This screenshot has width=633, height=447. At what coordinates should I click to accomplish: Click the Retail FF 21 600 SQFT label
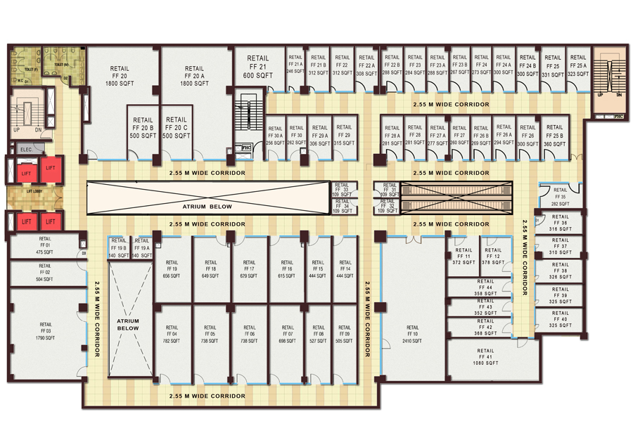[258, 66]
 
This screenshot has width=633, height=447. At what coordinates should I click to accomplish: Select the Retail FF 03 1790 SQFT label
[46, 330]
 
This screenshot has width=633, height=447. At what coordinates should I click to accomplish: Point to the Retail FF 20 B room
[143, 128]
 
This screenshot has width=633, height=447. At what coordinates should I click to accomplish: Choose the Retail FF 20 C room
[177, 128]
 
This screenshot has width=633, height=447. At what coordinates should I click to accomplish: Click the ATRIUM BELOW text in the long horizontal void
[207, 207]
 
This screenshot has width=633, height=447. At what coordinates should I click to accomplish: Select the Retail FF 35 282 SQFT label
[560, 196]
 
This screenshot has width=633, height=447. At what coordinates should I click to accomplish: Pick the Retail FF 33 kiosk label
[341, 190]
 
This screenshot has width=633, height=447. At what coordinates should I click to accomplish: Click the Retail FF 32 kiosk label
[385, 206]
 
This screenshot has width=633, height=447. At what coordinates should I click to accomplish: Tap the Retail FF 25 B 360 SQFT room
[554, 135]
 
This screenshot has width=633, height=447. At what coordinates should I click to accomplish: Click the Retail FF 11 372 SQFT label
[463, 256]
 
